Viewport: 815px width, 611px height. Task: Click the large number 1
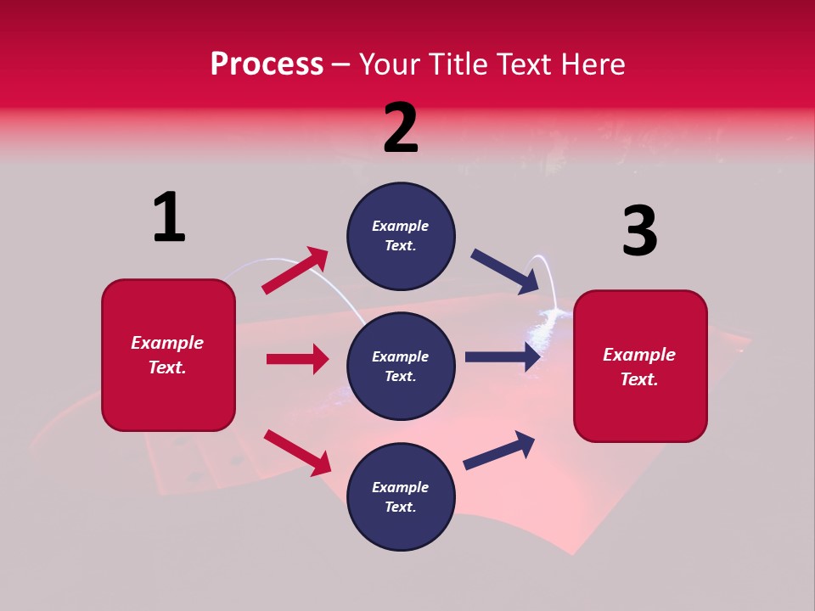[x=169, y=217]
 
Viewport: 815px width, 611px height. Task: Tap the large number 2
[x=401, y=128]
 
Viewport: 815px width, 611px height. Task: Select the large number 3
[x=640, y=231]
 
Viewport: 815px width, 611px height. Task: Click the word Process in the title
[x=267, y=64]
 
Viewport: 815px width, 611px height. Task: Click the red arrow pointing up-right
[x=295, y=270]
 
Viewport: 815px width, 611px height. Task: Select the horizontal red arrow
[x=297, y=359]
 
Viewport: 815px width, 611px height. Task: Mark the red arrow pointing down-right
[x=297, y=452]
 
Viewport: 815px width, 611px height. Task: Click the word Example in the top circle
[x=401, y=226]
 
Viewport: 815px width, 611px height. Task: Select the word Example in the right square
[x=639, y=355]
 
